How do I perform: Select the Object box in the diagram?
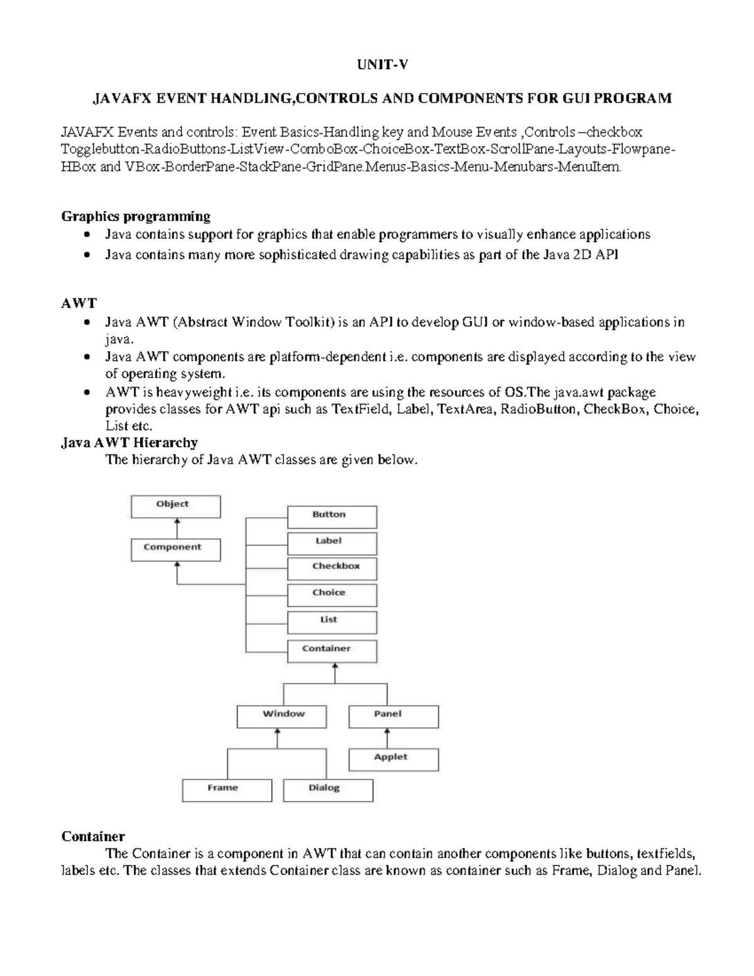(175, 506)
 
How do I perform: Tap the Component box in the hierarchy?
(175, 549)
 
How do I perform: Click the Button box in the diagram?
(332, 517)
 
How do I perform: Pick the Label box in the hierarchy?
(332, 543)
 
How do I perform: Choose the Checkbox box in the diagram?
(332, 568)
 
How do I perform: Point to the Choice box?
(332, 595)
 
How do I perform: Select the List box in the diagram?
(332, 622)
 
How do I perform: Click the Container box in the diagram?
(332, 650)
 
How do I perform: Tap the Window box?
(281, 716)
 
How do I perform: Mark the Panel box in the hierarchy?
(393, 716)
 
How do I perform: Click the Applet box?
(393, 759)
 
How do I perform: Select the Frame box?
(227, 789)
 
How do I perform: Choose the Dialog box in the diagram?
(328, 789)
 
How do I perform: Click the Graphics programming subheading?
(136, 216)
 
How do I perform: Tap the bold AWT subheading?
(79, 303)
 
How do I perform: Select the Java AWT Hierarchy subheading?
(129, 442)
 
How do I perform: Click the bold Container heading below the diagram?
(92, 836)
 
